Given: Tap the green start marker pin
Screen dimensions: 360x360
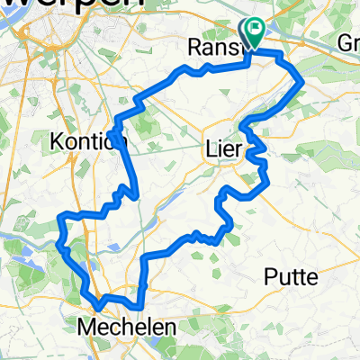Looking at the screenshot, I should [x=254, y=34].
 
